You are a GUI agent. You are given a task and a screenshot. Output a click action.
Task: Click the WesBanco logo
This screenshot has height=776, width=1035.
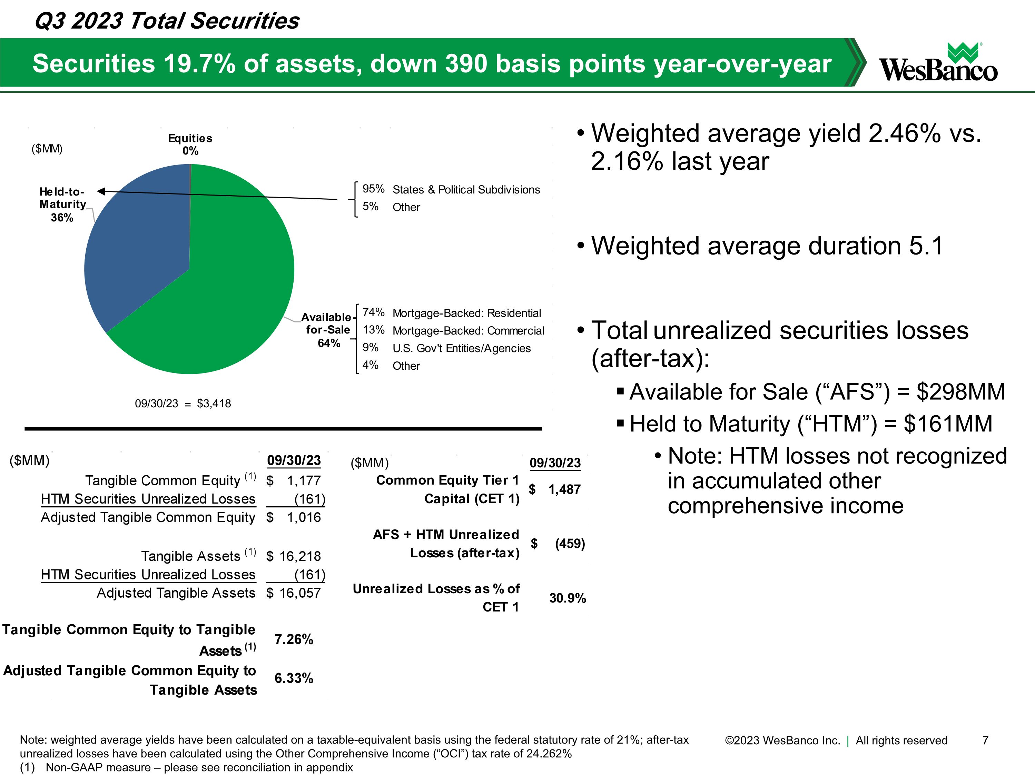tap(938, 63)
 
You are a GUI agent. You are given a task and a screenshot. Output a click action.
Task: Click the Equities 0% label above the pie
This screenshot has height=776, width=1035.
tap(190, 145)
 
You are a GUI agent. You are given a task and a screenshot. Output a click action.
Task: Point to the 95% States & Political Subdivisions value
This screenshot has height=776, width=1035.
tap(373, 189)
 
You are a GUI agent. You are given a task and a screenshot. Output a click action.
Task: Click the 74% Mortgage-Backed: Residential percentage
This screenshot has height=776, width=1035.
tap(373, 312)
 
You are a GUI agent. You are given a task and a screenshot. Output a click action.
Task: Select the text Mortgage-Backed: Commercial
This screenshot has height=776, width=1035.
tap(468, 331)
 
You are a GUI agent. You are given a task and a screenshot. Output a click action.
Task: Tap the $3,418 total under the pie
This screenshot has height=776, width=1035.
tap(214, 403)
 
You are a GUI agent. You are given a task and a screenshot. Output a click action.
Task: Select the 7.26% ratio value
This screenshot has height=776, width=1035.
tap(293, 639)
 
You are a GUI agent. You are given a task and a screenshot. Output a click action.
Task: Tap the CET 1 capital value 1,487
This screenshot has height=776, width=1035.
tap(564, 489)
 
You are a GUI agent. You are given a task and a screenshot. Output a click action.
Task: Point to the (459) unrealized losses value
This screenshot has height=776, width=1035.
tap(570, 544)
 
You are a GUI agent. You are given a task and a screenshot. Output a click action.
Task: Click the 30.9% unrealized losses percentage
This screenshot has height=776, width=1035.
tap(567, 598)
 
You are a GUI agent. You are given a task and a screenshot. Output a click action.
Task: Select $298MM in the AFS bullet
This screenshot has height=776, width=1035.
tap(960, 392)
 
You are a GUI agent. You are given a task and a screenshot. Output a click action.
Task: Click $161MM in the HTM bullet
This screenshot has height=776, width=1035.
tap(947, 424)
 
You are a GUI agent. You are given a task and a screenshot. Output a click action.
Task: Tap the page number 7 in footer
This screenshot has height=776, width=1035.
tap(985, 740)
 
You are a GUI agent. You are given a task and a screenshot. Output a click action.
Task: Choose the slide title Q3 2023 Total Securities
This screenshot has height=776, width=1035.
tap(167, 21)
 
